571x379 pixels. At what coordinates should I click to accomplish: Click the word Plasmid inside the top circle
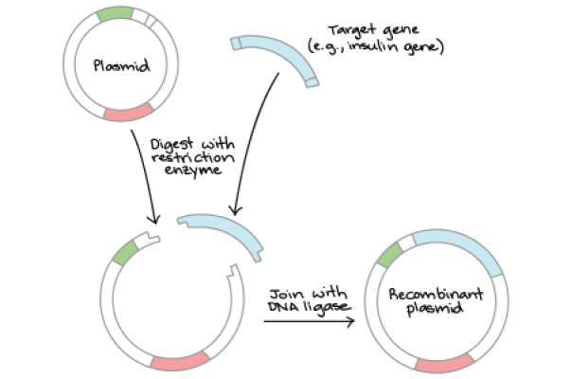[121, 65]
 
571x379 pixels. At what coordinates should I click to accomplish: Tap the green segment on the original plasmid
[115, 14]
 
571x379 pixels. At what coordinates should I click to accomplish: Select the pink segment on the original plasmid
[129, 112]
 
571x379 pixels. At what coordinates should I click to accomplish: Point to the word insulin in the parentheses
[374, 47]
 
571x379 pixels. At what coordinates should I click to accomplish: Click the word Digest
[172, 145]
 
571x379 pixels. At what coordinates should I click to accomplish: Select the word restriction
[193, 157]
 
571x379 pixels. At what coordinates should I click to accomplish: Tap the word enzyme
[193, 171]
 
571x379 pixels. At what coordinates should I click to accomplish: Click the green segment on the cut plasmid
[125, 252]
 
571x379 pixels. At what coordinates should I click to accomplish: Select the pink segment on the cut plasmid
[181, 362]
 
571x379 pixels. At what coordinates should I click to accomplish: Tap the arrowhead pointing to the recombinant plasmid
[350, 321]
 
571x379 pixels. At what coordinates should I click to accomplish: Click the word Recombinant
[436, 294]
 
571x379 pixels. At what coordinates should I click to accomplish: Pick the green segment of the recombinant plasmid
[389, 254]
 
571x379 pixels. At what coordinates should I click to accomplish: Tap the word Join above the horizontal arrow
[282, 294]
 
